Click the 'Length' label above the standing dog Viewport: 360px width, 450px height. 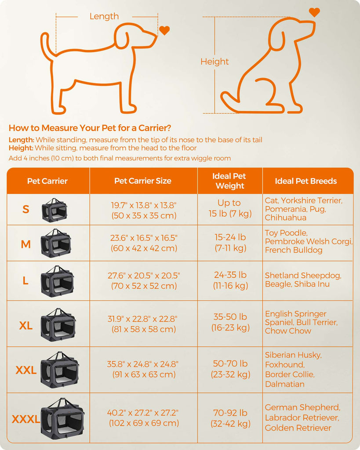coord(104,16)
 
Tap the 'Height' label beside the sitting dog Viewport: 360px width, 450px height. coord(215,62)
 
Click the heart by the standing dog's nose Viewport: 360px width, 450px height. coord(164,30)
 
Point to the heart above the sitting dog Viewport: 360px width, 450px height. coord(314,12)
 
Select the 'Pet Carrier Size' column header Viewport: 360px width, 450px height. coord(143,181)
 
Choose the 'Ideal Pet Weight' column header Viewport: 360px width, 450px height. coord(229,181)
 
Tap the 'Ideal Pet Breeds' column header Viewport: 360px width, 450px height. coord(306,181)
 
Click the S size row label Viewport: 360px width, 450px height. coord(26,210)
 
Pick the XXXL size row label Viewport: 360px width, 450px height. coord(26,419)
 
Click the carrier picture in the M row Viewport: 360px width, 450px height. coord(56,243)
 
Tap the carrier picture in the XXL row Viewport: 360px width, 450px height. coord(60,370)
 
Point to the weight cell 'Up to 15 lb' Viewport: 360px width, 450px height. coord(229,208)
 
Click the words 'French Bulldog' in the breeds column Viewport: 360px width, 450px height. coord(293,250)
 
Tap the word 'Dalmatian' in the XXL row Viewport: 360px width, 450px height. coord(285,384)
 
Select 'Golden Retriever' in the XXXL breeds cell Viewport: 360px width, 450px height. coord(298,428)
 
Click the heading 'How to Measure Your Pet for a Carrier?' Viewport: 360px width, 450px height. coord(90,128)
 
